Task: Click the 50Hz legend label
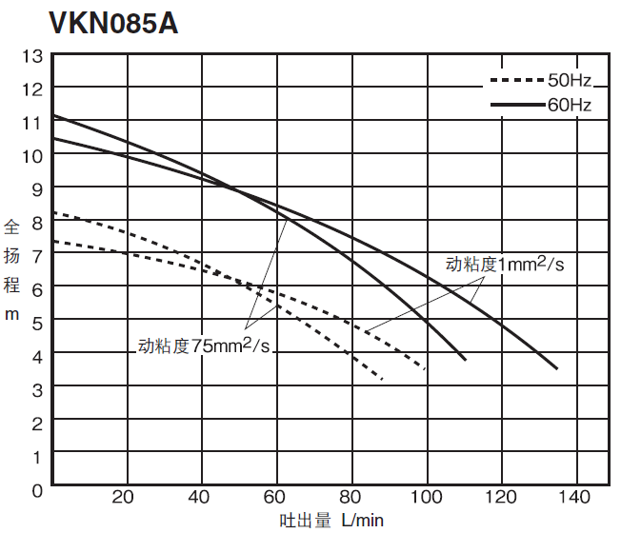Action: (570, 81)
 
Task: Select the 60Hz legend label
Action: (570, 105)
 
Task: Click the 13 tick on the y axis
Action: (31, 55)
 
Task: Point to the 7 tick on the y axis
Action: (37, 255)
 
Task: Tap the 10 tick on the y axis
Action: (31, 155)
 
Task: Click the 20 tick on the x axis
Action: (124, 497)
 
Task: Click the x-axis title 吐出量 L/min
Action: (331, 520)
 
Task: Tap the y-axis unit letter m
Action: (12, 313)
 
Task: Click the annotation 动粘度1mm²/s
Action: (505, 264)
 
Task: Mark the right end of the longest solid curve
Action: (557, 368)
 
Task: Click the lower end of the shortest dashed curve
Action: (382, 380)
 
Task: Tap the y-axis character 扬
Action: (12, 255)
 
